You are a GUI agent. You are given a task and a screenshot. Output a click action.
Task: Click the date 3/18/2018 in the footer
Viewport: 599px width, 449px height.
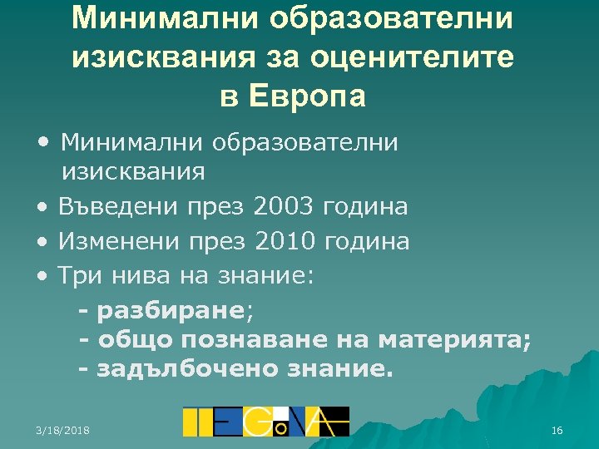coord(63,430)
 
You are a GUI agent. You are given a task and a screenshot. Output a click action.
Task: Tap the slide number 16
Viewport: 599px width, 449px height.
coord(557,430)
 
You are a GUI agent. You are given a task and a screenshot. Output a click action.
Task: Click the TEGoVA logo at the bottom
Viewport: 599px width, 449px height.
coord(266,422)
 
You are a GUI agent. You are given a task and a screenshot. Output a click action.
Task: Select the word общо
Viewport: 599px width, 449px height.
coord(132,340)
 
